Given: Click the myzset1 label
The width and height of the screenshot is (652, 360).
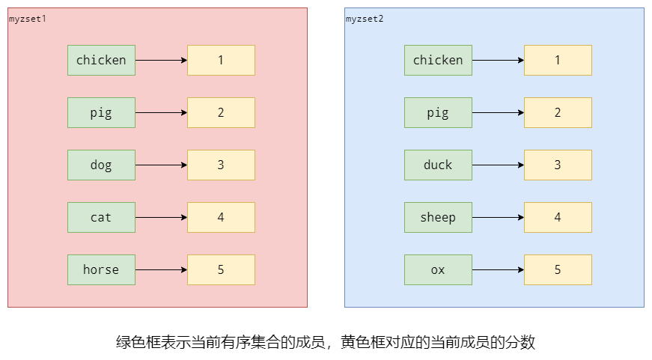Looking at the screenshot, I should point(27,18).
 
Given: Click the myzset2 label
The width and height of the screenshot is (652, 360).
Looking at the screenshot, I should point(364,18).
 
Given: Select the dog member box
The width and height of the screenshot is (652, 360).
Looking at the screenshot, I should point(101,165).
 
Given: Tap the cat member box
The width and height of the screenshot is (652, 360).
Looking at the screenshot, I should point(101,217).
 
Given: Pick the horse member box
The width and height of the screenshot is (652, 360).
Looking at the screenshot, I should point(101,269).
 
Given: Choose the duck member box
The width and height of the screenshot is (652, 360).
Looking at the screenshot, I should point(438,165).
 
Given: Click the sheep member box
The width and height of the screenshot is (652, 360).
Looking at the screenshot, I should point(438,217).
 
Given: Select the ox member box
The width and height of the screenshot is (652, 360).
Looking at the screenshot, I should point(438,269).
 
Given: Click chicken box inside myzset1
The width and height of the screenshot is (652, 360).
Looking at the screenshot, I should point(101,60).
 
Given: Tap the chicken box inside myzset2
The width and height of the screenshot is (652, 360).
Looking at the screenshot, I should point(438,60).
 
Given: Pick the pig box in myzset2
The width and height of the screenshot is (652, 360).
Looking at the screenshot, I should point(438,112).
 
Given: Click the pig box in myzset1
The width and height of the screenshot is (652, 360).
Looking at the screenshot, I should point(101,112).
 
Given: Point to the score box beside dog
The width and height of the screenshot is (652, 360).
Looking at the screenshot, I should point(221,165).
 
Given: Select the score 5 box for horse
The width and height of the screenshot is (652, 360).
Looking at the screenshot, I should point(221,269).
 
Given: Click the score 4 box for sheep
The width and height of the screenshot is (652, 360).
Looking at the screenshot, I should point(558,217).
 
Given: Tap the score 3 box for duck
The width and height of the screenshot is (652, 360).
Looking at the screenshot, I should point(558,165).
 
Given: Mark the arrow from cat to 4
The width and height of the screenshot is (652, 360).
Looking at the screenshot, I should point(161,217).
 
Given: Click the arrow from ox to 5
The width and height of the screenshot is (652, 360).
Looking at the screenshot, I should point(498,269).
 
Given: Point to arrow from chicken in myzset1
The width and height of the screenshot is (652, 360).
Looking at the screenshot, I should point(161,60).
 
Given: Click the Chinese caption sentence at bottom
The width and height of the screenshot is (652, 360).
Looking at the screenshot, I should point(326,343).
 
